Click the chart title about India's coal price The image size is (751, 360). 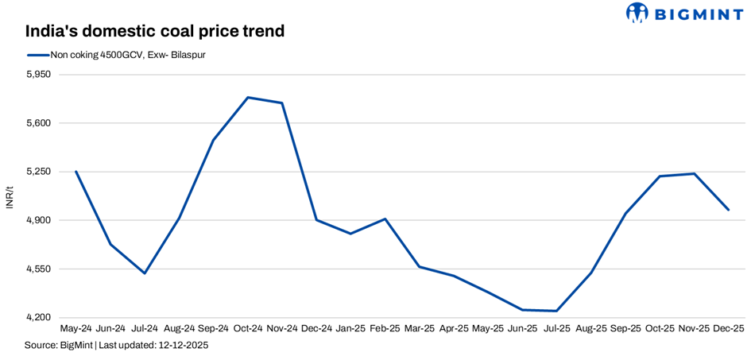click(x=154, y=31)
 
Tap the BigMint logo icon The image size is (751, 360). click(x=637, y=13)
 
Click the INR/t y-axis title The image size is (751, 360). click(x=10, y=196)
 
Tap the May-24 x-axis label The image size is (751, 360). click(x=76, y=327)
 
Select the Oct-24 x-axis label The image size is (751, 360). click(x=248, y=327)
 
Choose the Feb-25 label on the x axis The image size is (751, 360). click(x=385, y=327)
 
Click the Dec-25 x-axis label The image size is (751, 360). click(x=728, y=327)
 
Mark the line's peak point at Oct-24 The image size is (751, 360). click(x=248, y=98)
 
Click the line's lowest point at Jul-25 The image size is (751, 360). click(x=556, y=311)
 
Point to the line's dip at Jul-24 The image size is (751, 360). click(x=145, y=273)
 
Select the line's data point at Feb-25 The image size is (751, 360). click(x=385, y=219)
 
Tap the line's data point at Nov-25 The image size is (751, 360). click(x=694, y=173)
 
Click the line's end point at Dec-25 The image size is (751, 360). click(x=728, y=210)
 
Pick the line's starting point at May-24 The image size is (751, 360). click(x=76, y=172)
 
